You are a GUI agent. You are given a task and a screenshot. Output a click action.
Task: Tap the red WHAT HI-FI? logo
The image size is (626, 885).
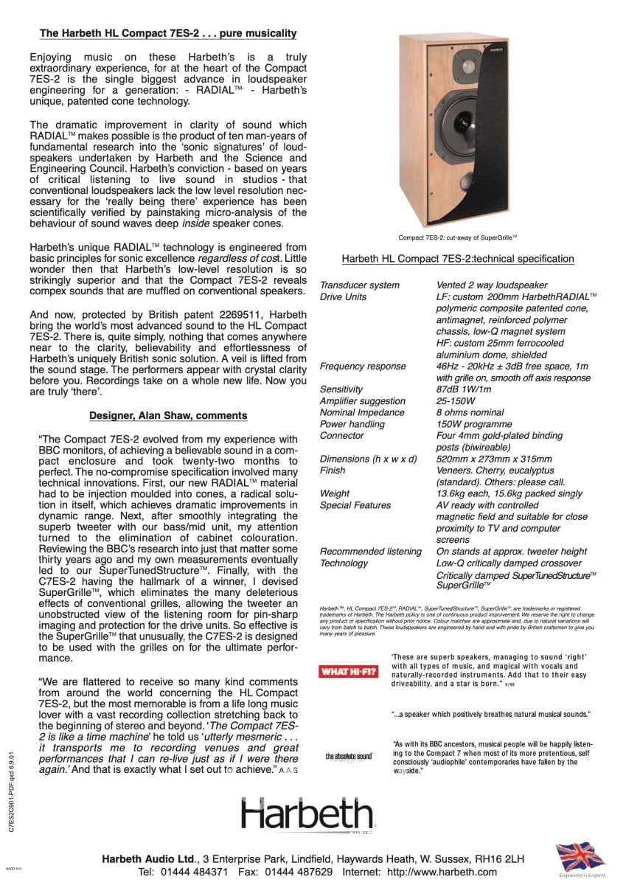click(x=348, y=671)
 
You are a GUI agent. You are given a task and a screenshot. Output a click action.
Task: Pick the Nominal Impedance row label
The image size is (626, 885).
click(x=362, y=412)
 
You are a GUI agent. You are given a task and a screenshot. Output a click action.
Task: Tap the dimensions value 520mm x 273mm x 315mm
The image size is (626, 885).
click(x=494, y=459)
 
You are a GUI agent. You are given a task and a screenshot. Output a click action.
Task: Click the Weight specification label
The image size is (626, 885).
click(x=335, y=493)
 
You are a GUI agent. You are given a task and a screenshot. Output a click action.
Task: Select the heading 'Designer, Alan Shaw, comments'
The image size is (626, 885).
click(x=168, y=415)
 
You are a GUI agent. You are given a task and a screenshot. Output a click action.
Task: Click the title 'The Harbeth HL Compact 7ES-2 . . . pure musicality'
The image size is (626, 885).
click(x=168, y=33)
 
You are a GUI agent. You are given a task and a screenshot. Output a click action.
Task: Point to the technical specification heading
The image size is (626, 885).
click(x=457, y=259)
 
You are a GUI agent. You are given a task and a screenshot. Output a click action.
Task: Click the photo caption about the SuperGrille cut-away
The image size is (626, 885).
click(x=457, y=237)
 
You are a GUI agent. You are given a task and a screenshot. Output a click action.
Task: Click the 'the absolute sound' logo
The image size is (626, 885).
click(x=349, y=756)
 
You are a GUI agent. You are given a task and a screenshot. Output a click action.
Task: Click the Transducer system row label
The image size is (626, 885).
click(x=360, y=285)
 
